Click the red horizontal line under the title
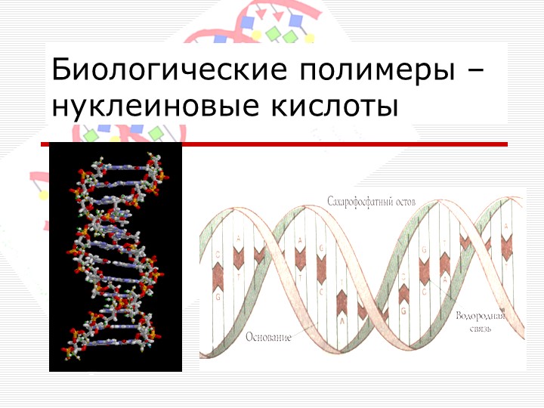click(302, 144)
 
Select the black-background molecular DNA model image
click(116, 257)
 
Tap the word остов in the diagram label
click(405, 203)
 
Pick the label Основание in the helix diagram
click(268, 336)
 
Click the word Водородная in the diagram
click(480, 314)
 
